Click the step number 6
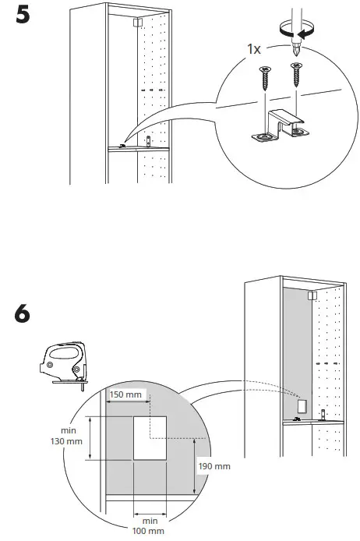click(x=25, y=316)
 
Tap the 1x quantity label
click(x=255, y=48)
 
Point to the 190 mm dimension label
click(x=216, y=466)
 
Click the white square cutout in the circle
click(x=151, y=437)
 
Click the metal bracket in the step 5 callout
click(x=278, y=126)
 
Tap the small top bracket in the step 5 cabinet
click(x=137, y=24)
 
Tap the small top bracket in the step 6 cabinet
click(x=312, y=295)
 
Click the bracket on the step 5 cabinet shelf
click(x=148, y=142)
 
